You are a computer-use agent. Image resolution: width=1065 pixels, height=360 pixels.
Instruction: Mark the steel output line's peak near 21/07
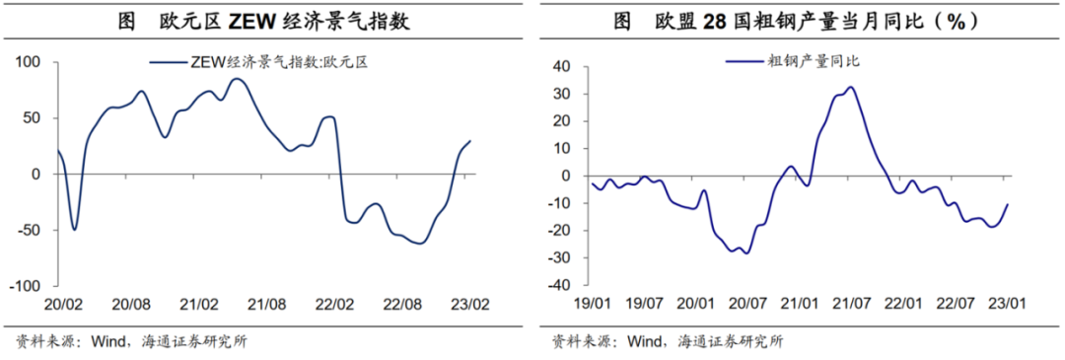click(x=850, y=88)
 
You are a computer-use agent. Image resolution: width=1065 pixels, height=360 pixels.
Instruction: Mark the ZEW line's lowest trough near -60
click(x=419, y=243)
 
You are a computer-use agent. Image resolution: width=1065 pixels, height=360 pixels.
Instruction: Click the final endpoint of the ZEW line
click(x=470, y=141)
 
